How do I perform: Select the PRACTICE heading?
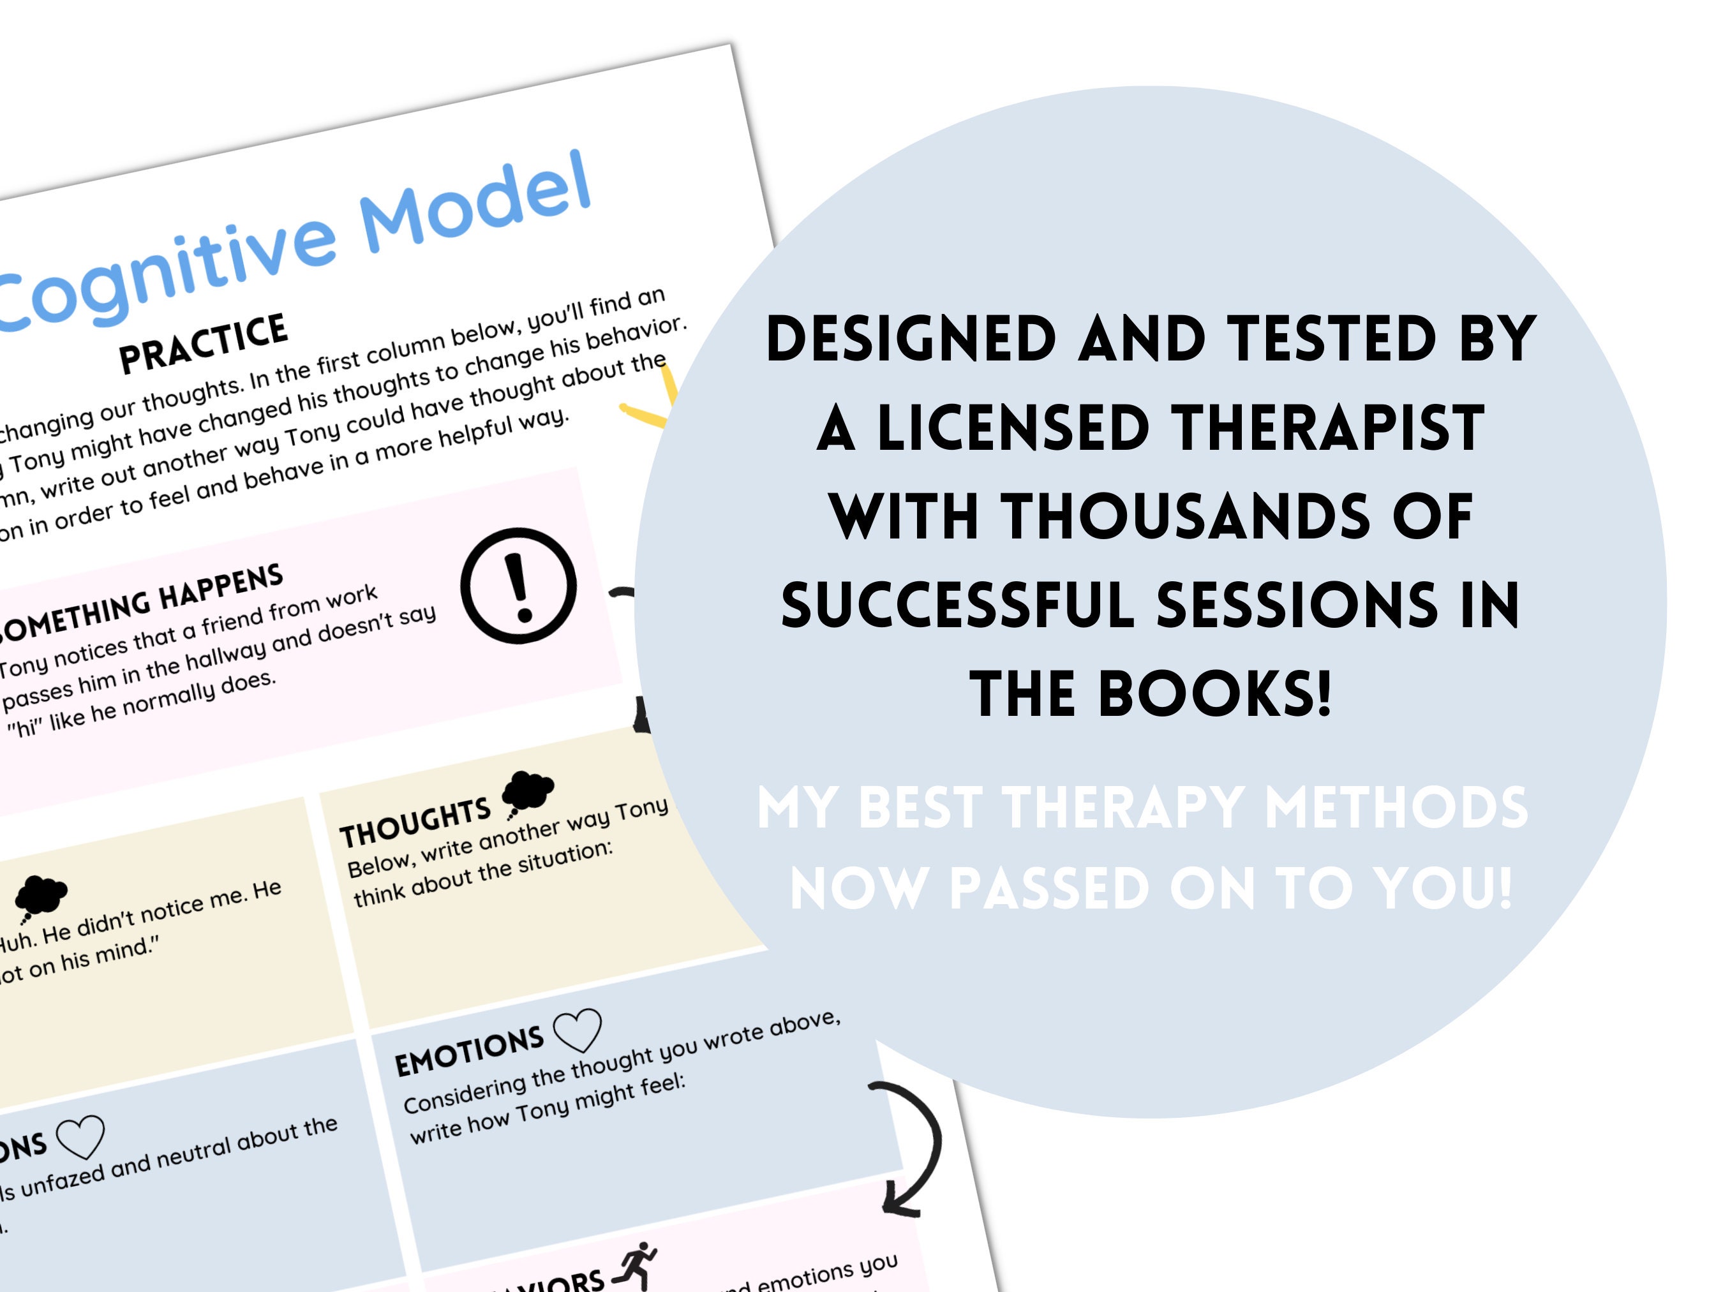[204, 342]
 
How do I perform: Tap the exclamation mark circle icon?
[519, 586]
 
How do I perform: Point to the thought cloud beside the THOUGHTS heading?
[527, 791]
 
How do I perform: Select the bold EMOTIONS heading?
[469, 1051]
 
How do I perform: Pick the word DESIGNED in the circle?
[911, 339]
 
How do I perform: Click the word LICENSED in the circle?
[1013, 428]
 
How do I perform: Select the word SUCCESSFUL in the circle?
[957, 606]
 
